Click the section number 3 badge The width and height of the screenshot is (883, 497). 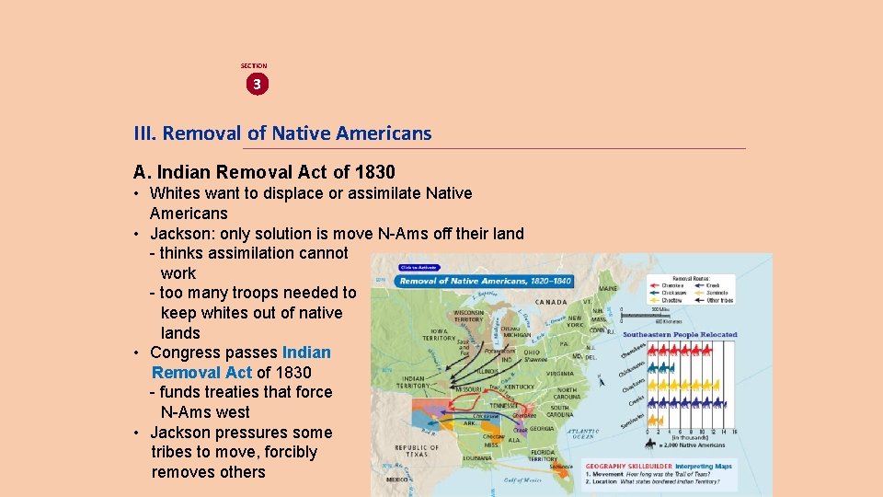click(x=257, y=84)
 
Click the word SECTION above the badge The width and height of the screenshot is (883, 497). click(x=254, y=66)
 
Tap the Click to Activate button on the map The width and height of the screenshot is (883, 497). click(x=418, y=268)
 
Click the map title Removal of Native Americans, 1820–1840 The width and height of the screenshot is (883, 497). click(x=486, y=281)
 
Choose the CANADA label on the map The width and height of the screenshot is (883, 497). click(x=550, y=301)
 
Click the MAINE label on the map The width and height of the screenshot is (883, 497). click(x=608, y=289)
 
